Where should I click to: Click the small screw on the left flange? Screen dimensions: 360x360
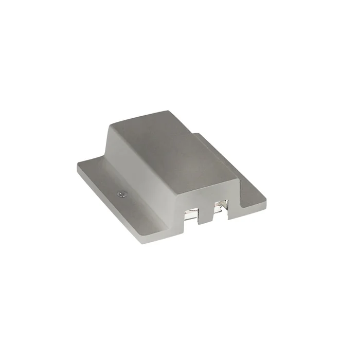pyautogui.click(x=120, y=193)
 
